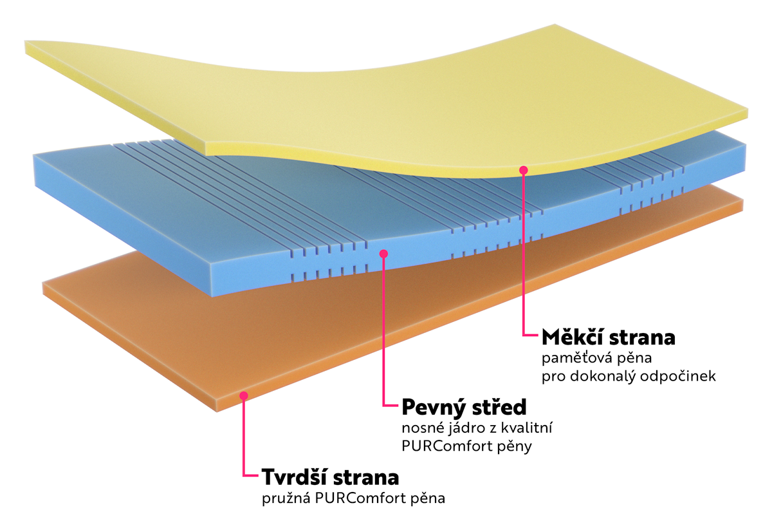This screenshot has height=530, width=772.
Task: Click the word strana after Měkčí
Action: point(645,337)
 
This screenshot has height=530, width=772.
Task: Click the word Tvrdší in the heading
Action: point(295,478)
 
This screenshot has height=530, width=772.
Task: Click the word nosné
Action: point(418,428)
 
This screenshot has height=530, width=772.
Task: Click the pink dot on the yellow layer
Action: point(524,170)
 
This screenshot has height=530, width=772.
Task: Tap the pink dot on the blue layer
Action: point(383,254)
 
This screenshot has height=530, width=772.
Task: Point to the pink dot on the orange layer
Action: point(243,395)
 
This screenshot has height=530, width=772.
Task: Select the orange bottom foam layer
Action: point(161,322)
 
